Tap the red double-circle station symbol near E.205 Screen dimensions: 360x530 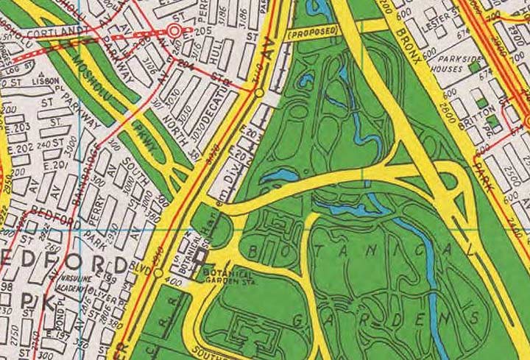pyautogui.click(x=174, y=31)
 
